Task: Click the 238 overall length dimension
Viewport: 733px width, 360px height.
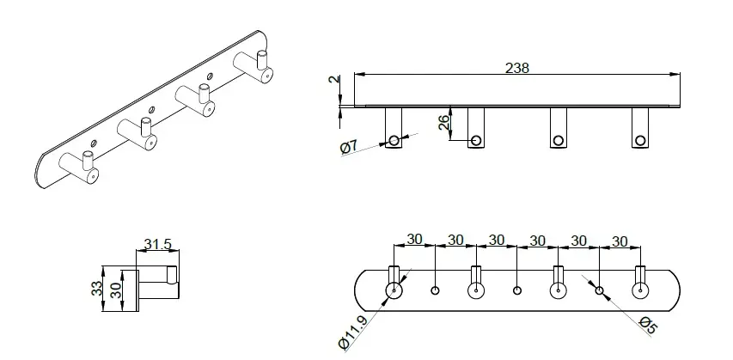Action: tap(517, 68)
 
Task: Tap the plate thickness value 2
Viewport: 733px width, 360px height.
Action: tap(334, 79)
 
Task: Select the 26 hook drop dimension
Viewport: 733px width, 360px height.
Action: tap(444, 121)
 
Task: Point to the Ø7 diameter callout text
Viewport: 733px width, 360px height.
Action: tap(349, 147)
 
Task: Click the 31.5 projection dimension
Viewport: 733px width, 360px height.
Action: tap(158, 244)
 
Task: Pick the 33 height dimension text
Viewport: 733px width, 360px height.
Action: tap(96, 288)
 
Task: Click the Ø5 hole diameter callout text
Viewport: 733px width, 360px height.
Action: tap(647, 325)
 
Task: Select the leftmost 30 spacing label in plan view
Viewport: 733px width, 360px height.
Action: tap(414, 240)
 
